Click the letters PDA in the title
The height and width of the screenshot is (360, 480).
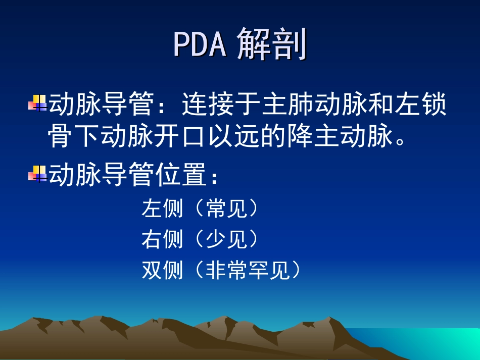pyautogui.click(x=199, y=44)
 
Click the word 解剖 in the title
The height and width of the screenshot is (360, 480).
pyautogui.click(x=272, y=44)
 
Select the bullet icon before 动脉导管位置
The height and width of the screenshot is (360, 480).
pyautogui.click(x=37, y=174)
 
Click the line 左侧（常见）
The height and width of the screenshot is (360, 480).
pyautogui.click(x=200, y=208)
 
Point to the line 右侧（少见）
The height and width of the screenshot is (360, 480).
pyautogui.click(x=200, y=239)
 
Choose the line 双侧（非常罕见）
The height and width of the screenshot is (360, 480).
pyautogui.click(x=221, y=271)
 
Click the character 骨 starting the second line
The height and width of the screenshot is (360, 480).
pyautogui.click(x=61, y=137)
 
